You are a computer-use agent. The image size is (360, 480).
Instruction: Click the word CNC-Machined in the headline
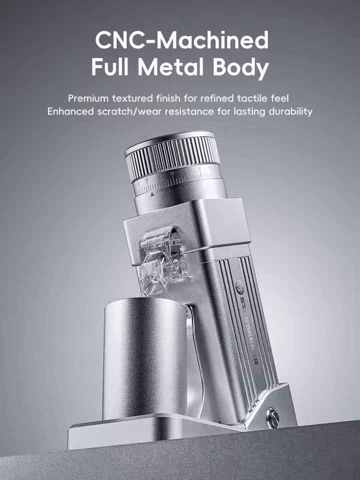click(x=181, y=40)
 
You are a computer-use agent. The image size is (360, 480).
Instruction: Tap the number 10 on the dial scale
click(x=172, y=173)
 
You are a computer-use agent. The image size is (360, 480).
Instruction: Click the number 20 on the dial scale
click(x=147, y=178)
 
